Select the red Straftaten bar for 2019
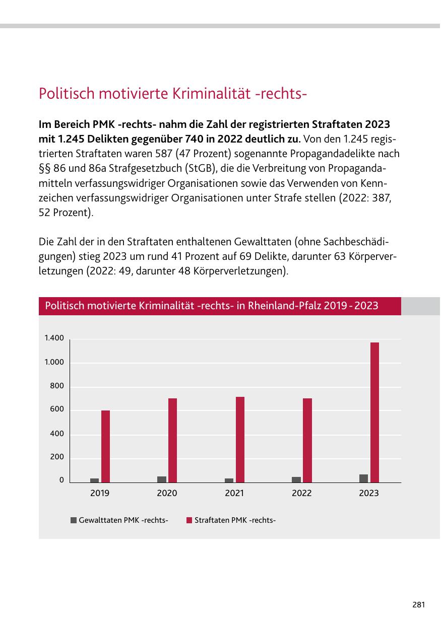click(x=105, y=446)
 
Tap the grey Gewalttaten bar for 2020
click(x=161, y=479)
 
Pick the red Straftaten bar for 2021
click(x=240, y=439)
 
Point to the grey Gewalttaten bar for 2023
click(x=363, y=478)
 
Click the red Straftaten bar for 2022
click(x=307, y=440)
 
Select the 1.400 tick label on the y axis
click(x=54, y=338)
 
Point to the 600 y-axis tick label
click(x=57, y=409)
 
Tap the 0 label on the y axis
click(x=61, y=480)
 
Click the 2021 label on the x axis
click(x=234, y=494)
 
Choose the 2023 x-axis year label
click(x=369, y=494)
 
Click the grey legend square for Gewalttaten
click(x=74, y=520)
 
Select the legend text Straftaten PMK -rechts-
click(x=235, y=520)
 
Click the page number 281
click(x=418, y=604)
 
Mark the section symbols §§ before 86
click(x=45, y=167)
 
